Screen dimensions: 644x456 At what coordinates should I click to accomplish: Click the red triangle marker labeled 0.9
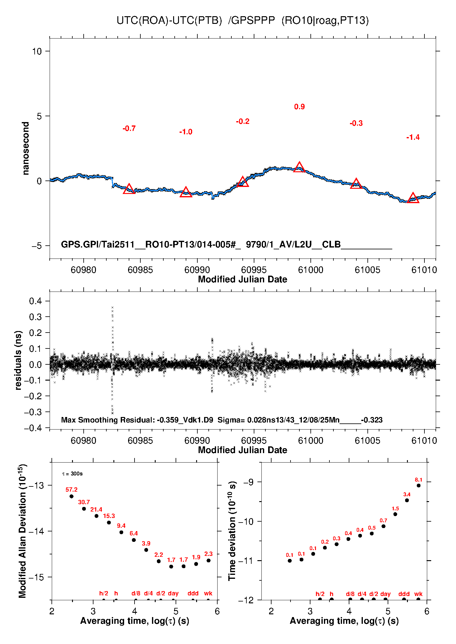(x=299, y=167)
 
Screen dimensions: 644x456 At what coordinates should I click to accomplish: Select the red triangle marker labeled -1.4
(x=413, y=198)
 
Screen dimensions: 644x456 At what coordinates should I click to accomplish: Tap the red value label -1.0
(x=186, y=132)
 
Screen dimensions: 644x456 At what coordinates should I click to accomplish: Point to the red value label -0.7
(x=129, y=128)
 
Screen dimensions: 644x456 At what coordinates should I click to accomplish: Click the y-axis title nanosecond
(x=26, y=148)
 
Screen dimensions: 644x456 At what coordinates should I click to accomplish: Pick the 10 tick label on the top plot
(x=37, y=51)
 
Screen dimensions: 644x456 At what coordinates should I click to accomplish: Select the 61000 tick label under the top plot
(x=310, y=270)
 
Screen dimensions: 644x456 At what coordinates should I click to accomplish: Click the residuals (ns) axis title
(x=18, y=360)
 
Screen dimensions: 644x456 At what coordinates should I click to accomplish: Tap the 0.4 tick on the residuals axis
(x=36, y=301)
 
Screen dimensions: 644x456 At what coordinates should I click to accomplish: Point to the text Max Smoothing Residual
(x=108, y=420)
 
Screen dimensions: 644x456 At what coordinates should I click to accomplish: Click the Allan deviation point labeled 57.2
(x=71, y=496)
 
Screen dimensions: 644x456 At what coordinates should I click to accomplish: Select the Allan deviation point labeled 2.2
(x=159, y=561)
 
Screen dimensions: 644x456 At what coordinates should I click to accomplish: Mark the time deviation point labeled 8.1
(x=419, y=486)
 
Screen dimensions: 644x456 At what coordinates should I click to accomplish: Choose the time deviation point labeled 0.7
(x=383, y=526)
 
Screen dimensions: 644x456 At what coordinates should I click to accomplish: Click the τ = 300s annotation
(x=72, y=474)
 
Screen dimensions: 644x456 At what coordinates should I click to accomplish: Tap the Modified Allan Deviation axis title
(x=22, y=531)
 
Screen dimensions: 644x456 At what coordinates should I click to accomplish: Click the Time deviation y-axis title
(x=232, y=531)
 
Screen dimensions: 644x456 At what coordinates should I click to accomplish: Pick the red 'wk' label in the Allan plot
(x=208, y=593)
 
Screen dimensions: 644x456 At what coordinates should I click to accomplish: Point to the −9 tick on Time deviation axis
(x=249, y=482)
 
